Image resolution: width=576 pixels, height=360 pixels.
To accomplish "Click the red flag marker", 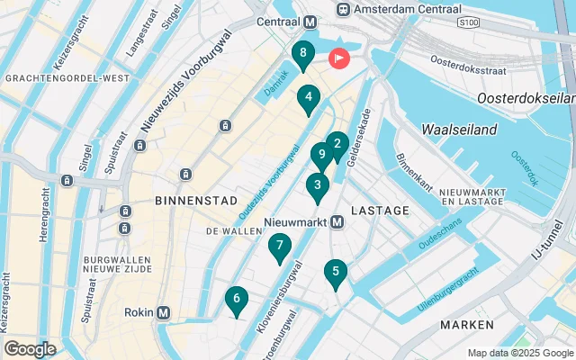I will pyautogui.click(x=340, y=58).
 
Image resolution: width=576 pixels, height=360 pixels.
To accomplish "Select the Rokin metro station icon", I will pyautogui.click(x=163, y=312).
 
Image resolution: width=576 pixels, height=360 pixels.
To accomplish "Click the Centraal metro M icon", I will pyautogui.click(x=310, y=22).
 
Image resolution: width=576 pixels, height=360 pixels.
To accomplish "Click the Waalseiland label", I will pyautogui.click(x=459, y=130).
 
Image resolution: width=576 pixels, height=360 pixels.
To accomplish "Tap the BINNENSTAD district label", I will pyautogui.click(x=196, y=200).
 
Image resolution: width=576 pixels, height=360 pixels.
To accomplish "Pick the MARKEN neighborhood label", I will pyautogui.click(x=466, y=324).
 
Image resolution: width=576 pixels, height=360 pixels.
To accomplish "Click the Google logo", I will pyautogui.click(x=30, y=348).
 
